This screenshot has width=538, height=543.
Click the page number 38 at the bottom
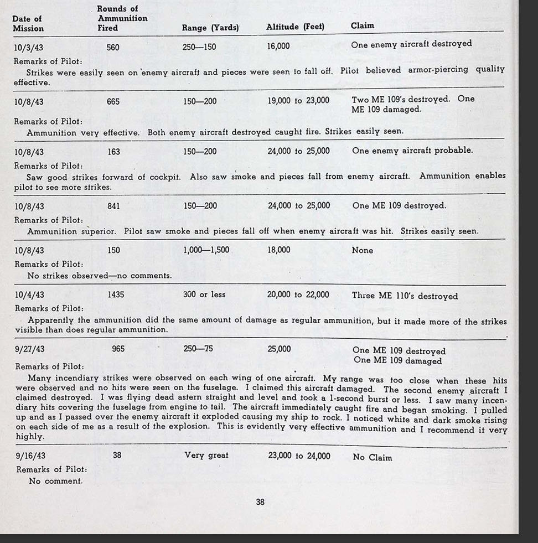[260, 502]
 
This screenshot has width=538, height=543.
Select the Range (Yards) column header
[210, 28]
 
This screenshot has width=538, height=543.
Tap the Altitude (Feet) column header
[295, 27]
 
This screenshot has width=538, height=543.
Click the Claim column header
[362, 25]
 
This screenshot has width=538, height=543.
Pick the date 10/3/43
[29, 48]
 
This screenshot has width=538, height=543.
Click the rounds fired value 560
[113, 48]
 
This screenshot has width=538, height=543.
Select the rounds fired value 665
[113, 102]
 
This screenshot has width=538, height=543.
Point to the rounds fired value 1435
[116, 295]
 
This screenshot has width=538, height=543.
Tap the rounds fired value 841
[113, 206]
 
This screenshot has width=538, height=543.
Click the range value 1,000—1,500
[206, 250]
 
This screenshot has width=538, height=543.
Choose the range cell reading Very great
[206, 456]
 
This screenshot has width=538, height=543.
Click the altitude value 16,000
[278, 46]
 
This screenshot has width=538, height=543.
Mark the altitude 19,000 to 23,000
[298, 101]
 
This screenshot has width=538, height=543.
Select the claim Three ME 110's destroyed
[405, 296]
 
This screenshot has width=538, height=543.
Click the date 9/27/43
[29, 350]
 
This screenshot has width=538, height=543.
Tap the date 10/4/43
[29, 295]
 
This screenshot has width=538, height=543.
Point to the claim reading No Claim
[372, 458]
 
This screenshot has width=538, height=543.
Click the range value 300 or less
[204, 295]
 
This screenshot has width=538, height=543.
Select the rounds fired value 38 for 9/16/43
[117, 456]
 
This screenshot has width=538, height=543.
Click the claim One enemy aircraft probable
[412, 151]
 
